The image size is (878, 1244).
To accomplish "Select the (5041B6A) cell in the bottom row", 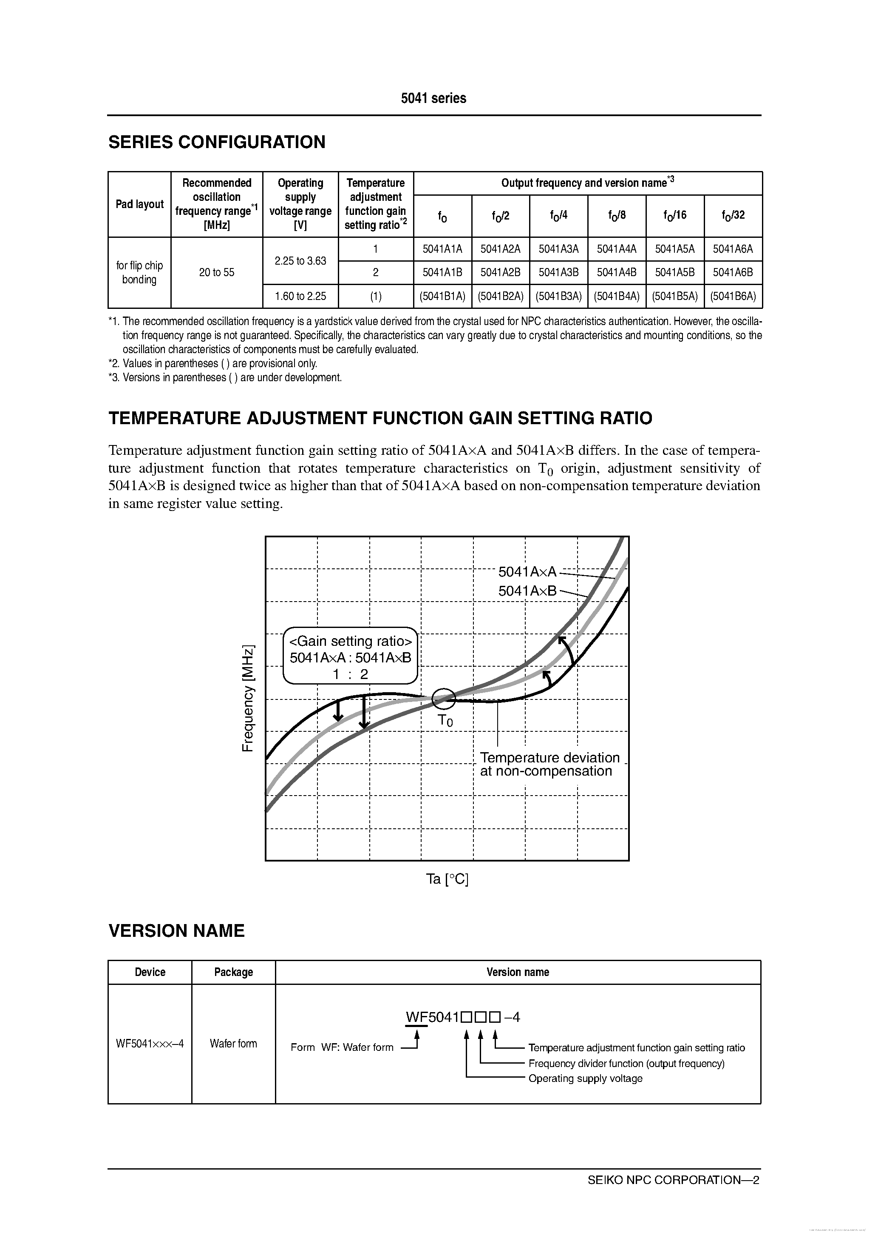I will click(x=733, y=297).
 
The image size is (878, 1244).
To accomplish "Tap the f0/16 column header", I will click(x=674, y=216).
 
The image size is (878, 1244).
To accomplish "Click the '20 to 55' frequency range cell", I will click(x=216, y=273).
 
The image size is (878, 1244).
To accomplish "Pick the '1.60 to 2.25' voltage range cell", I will click(x=300, y=297).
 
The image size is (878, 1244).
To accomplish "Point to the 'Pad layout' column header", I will click(x=140, y=204).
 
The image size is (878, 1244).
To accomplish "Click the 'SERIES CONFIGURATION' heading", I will click(x=217, y=142).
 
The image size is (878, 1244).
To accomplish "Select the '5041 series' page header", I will click(x=433, y=98).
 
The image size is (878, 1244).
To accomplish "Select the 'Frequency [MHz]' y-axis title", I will click(x=247, y=699).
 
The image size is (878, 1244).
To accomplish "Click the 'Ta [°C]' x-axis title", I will click(x=447, y=879).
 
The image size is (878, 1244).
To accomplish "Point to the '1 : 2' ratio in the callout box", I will click(x=350, y=674).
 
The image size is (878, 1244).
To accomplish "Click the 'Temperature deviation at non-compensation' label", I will click(x=549, y=764).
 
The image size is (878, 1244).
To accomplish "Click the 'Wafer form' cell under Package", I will click(x=233, y=1043).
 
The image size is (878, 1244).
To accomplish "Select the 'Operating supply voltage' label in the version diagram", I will click(x=585, y=1078).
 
